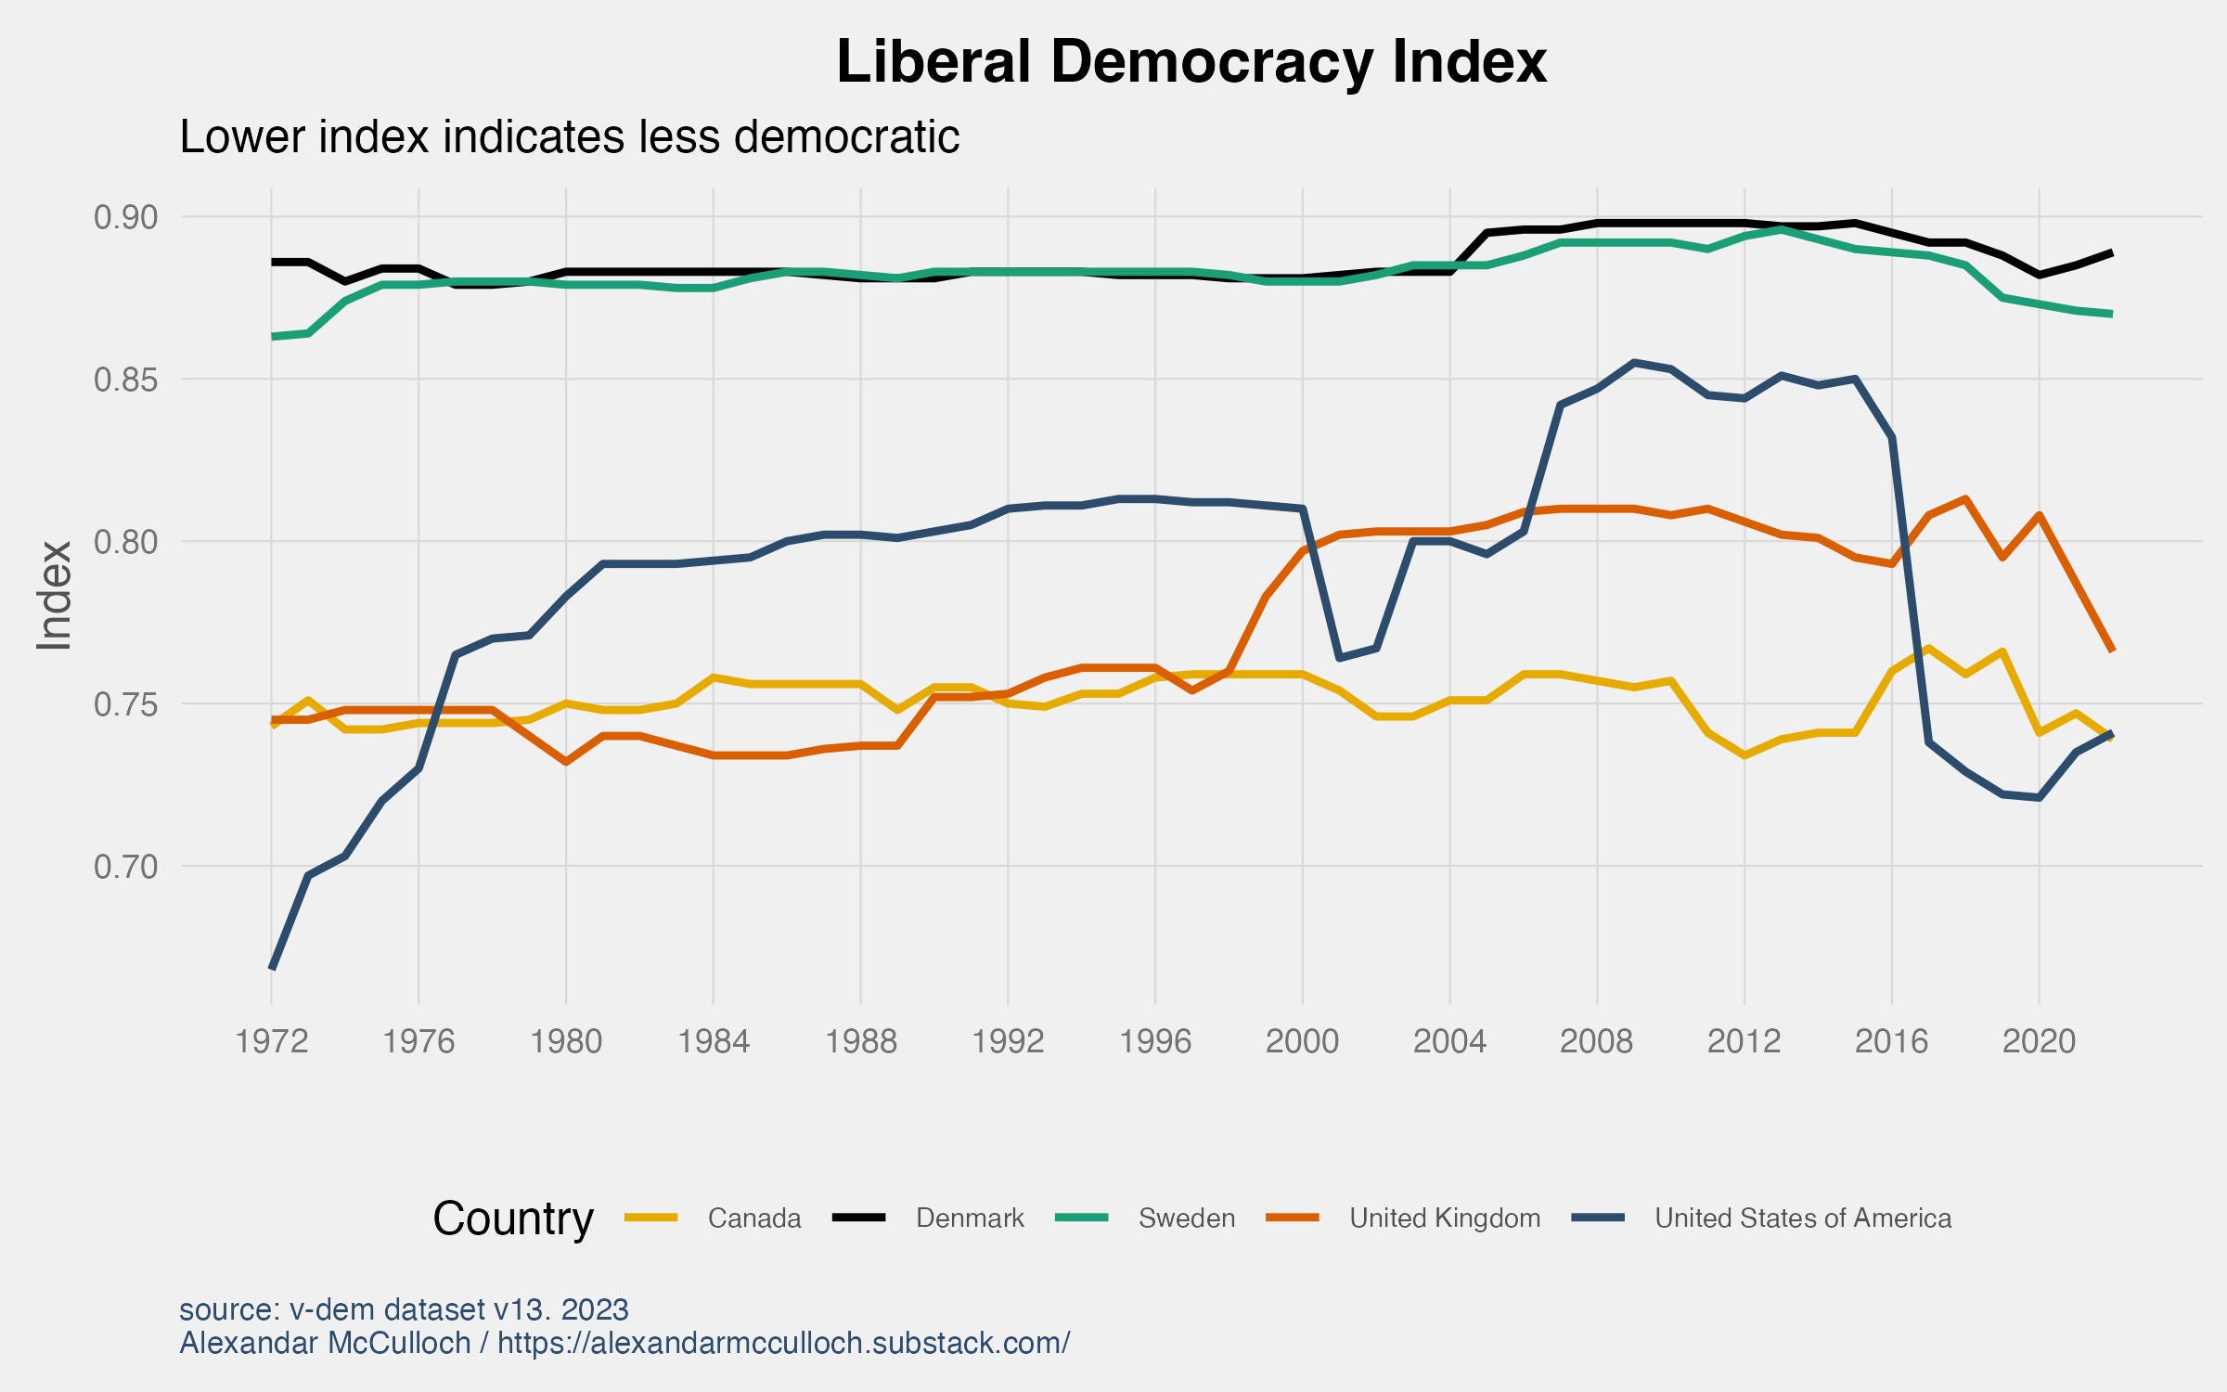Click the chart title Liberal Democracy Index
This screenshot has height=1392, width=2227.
[x=1191, y=62]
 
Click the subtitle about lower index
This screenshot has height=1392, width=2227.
[x=569, y=137]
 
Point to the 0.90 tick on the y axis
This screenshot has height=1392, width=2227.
[x=126, y=217]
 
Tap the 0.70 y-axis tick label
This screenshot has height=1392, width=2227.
[x=126, y=867]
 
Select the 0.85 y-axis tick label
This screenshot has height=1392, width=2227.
[x=126, y=380]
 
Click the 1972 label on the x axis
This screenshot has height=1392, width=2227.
[x=271, y=1041]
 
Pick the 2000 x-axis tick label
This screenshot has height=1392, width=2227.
[x=1302, y=1041]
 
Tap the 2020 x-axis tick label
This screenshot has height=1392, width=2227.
[x=2039, y=1041]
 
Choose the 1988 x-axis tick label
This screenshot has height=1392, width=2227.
[x=860, y=1041]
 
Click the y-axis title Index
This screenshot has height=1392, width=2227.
[x=54, y=595]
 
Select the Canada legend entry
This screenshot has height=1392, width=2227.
[x=753, y=1218]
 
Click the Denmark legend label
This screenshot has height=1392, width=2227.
[x=970, y=1218]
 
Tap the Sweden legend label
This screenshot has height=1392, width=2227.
[x=1186, y=1218]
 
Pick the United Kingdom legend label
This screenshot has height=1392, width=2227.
[x=1444, y=1218]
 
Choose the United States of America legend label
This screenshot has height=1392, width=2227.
[x=1802, y=1218]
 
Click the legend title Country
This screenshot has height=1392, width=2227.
[x=512, y=1218]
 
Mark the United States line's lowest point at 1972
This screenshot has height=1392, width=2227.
[x=272, y=968]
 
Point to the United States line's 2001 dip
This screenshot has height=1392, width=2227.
[x=1339, y=659]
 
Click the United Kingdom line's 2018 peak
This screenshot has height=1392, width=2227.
[x=1965, y=499]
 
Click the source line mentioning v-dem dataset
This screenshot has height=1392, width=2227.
[x=404, y=1309]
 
